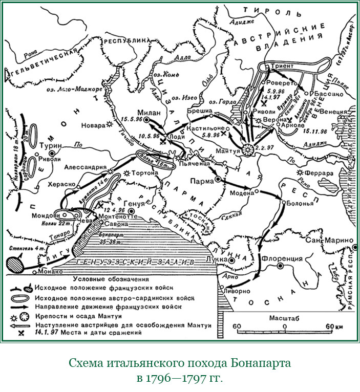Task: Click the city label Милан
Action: pyautogui.click(x=150, y=112)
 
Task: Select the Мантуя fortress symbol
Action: pyautogui.click(x=248, y=149)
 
